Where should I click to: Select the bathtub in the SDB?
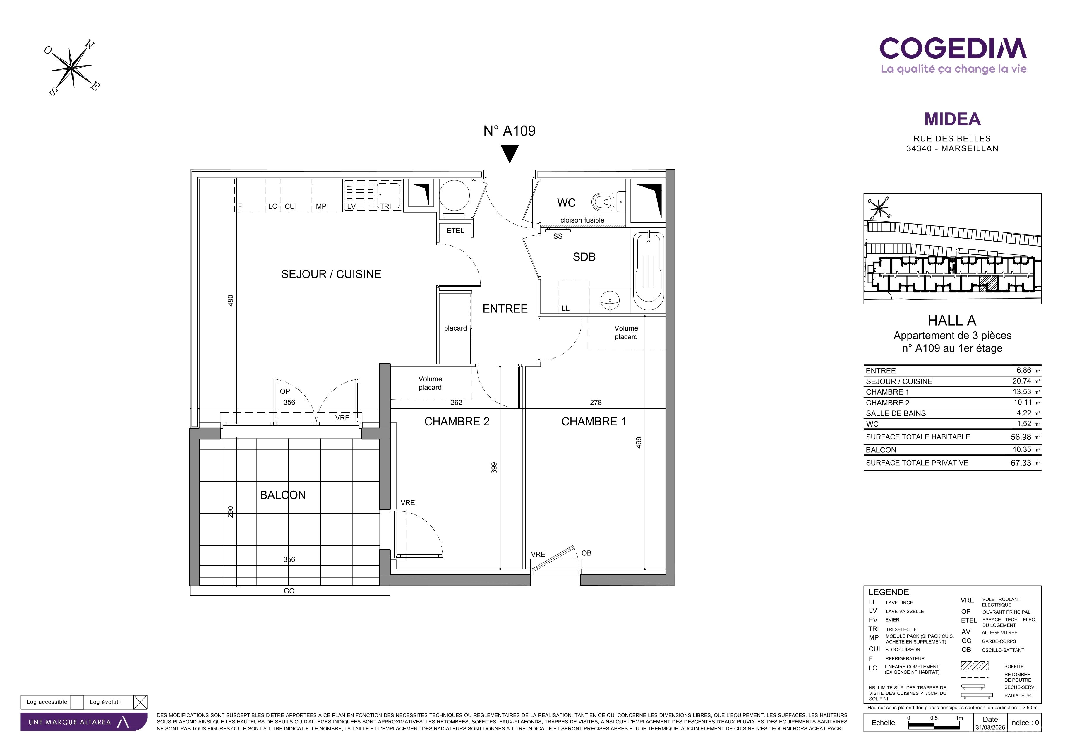tap(649, 271)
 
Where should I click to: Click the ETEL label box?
tap(455, 231)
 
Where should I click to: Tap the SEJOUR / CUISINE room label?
tap(331, 274)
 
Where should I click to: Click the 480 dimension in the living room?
tap(231, 301)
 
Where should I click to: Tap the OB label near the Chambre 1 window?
tap(586, 553)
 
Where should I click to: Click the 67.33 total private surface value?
tap(1021, 463)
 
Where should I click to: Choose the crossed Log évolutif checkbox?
tap(140, 702)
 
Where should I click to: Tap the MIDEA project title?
tap(952, 119)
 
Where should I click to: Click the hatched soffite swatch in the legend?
tap(975, 666)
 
